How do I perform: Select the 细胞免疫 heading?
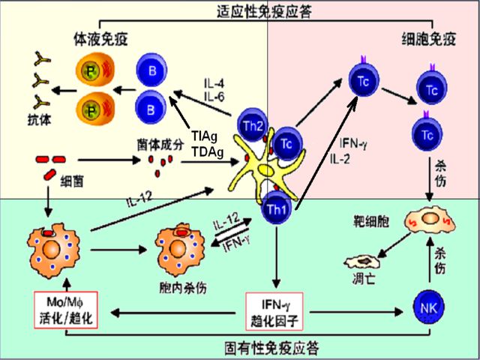pos(425,36)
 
